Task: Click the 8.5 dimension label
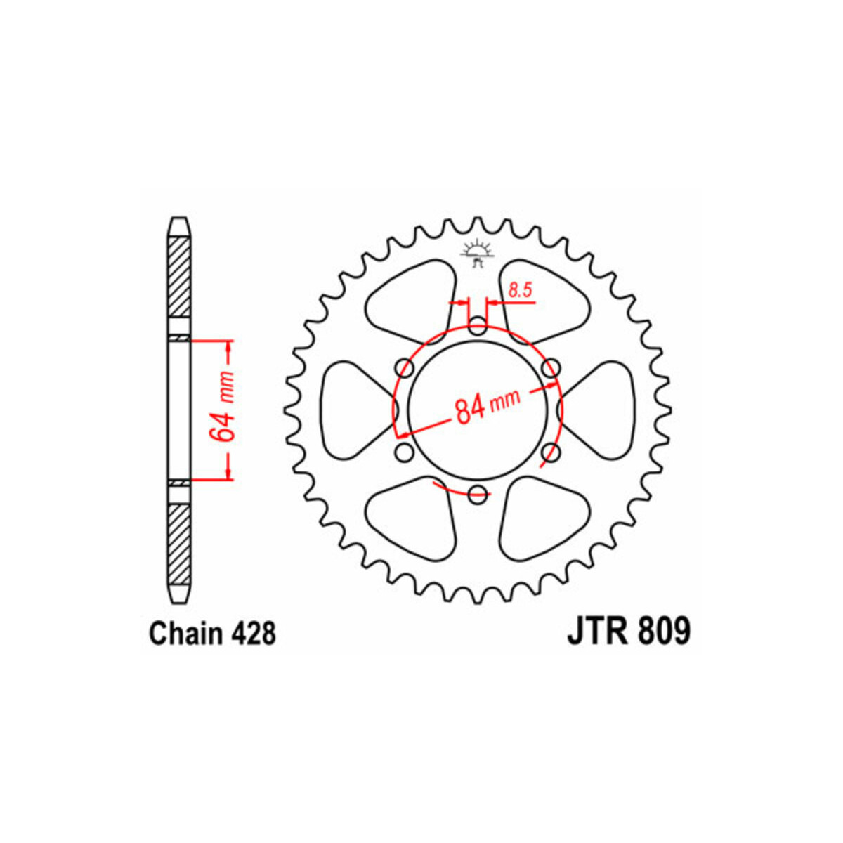coord(520,290)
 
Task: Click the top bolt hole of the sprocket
coord(477,327)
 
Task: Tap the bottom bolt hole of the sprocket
coord(477,495)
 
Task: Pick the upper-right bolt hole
coord(551,368)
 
